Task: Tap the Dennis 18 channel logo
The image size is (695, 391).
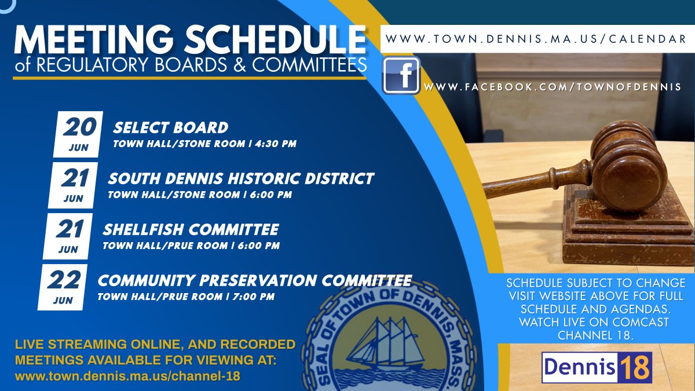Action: [x=597, y=367]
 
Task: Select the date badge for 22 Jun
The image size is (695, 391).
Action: [x=63, y=287]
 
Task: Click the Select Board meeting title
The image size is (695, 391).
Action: [x=170, y=127]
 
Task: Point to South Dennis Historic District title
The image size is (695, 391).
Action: [x=240, y=178]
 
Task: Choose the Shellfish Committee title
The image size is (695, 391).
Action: [x=191, y=229]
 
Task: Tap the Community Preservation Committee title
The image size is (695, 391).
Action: [x=254, y=281]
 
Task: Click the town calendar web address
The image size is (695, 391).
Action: [x=536, y=39]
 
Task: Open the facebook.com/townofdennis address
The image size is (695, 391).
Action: [x=553, y=87]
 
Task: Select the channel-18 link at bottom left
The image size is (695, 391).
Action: [x=127, y=376]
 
